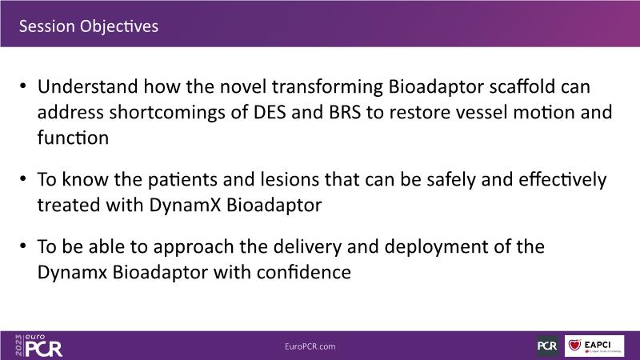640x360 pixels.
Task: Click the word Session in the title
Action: (x=47, y=26)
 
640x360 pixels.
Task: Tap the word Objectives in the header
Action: (x=118, y=26)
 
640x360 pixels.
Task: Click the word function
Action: (x=73, y=138)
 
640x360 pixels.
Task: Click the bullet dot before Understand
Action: (x=23, y=86)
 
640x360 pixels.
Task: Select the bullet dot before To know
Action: (x=23, y=178)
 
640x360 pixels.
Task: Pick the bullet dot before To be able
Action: (x=23, y=246)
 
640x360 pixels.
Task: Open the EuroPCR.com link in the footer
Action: (x=310, y=346)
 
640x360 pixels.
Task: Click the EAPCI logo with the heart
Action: (x=594, y=346)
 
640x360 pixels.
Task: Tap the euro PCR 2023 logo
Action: (x=38, y=346)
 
